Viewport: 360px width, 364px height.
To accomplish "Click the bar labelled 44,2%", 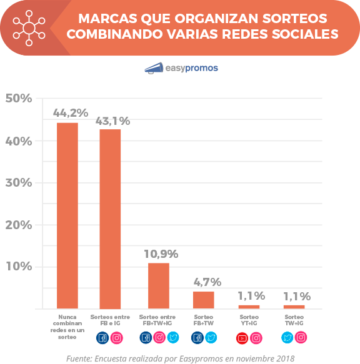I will coord(67,215).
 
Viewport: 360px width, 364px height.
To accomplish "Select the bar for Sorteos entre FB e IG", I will coord(110,219).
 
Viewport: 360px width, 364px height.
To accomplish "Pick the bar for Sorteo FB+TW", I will coord(203,300).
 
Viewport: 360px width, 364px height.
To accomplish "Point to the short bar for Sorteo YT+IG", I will coord(249,307).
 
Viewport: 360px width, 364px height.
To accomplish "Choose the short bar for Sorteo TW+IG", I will coord(294,307).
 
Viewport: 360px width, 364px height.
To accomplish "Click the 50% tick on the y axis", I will coord(18,99).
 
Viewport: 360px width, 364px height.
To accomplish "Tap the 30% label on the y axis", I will coord(18,183).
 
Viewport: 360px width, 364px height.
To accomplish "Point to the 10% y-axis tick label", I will coord(18,267).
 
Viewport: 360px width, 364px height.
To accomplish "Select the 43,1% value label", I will coord(113,121).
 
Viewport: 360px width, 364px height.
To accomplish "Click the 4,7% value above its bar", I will coord(203,282).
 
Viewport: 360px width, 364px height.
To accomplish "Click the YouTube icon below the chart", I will coord(242,338).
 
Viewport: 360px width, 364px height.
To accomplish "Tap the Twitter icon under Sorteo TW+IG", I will coord(287,338).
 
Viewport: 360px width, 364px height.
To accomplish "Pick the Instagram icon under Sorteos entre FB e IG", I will coord(117,338).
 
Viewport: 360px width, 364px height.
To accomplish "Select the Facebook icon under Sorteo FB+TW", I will coord(197,338).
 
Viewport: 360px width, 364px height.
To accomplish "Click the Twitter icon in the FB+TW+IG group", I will coord(174,338).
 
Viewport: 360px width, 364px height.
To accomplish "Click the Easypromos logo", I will coord(181,68).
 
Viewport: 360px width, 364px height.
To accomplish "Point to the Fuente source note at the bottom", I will coord(180,358).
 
